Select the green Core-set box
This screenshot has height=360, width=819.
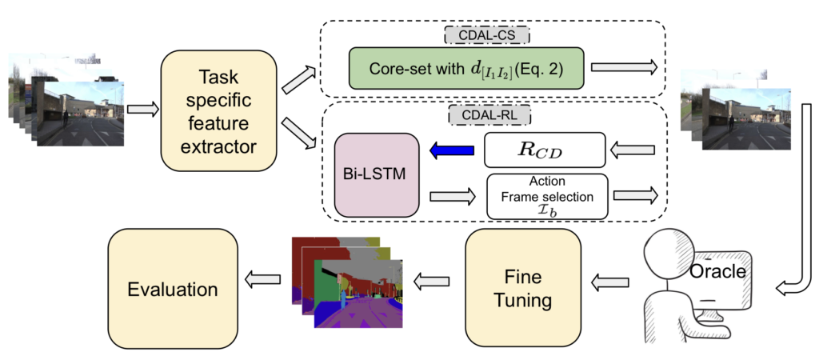[x=466, y=69]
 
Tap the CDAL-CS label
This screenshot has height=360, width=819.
[x=487, y=35]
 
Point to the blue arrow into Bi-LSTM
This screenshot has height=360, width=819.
[x=456, y=150]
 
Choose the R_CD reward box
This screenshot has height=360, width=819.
[x=547, y=150]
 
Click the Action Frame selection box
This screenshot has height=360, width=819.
[x=547, y=196]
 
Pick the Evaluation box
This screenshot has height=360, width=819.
[x=170, y=289]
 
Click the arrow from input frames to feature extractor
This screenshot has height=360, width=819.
[x=144, y=108]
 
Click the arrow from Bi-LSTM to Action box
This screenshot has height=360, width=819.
[x=456, y=196]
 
